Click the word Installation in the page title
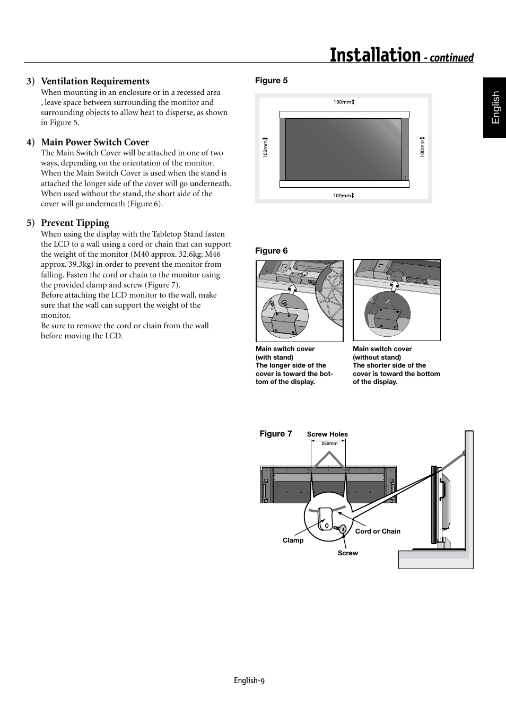(x=374, y=55)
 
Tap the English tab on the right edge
(x=495, y=108)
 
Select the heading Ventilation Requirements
(x=95, y=81)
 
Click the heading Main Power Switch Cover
(x=95, y=142)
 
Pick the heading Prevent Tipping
(x=75, y=223)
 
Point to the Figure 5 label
(x=271, y=81)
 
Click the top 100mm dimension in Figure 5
(x=343, y=102)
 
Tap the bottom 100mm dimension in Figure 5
(x=343, y=196)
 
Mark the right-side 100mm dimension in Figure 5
(x=423, y=148)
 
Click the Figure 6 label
(x=271, y=251)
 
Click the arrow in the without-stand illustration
(x=395, y=286)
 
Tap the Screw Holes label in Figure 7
(x=327, y=434)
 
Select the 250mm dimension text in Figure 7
(x=329, y=443)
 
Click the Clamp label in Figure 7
(x=293, y=540)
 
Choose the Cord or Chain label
(x=378, y=531)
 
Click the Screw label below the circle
(x=347, y=553)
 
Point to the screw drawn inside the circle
(x=342, y=529)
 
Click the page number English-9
(x=249, y=681)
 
